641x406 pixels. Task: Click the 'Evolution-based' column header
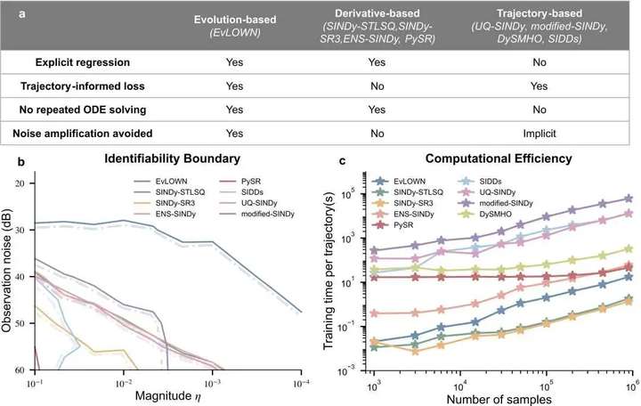pyautogui.click(x=235, y=20)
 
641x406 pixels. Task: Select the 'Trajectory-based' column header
pyautogui.click(x=539, y=13)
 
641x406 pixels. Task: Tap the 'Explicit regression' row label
pyautogui.click(x=83, y=62)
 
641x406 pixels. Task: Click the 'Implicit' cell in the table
pyautogui.click(x=540, y=134)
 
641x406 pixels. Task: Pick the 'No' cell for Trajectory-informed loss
pyautogui.click(x=377, y=85)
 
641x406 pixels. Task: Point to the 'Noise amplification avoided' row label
pyautogui.click(x=83, y=134)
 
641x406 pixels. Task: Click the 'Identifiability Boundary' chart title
pyautogui.click(x=172, y=158)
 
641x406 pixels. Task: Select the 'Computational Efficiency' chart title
pyautogui.click(x=499, y=158)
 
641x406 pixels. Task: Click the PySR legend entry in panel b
pyautogui.click(x=240, y=181)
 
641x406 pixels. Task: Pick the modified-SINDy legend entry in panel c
pyautogui.click(x=495, y=203)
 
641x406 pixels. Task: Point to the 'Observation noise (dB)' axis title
pyautogui.click(x=7, y=271)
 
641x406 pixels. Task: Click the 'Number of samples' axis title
pyautogui.click(x=499, y=399)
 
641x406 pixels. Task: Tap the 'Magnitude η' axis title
pyautogui.click(x=167, y=396)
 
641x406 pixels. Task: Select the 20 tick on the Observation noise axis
pyautogui.click(x=20, y=183)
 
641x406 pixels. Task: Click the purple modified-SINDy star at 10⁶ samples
pyautogui.click(x=629, y=199)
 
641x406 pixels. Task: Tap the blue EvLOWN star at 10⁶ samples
pyautogui.click(x=629, y=277)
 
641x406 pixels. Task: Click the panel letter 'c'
pyautogui.click(x=343, y=161)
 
